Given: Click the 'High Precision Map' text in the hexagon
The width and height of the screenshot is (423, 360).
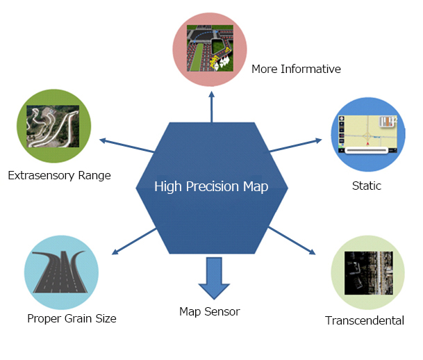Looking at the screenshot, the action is click(211, 186).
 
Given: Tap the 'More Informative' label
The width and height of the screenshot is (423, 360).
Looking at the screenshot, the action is click(296, 69).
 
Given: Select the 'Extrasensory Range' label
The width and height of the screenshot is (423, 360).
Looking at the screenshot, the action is click(59, 175).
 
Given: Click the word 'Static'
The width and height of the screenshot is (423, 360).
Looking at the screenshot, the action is click(367, 186).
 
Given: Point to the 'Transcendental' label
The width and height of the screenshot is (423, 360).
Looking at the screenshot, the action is click(365, 320).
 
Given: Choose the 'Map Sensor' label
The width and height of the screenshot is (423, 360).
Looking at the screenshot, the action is click(210, 311).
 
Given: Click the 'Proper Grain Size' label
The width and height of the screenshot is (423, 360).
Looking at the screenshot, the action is click(72, 319).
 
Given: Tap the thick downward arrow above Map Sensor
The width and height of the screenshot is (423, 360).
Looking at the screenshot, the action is click(214, 278).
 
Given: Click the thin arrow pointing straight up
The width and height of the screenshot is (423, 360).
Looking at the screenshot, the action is click(211, 106).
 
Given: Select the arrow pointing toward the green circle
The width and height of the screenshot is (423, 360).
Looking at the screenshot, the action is click(127, 145).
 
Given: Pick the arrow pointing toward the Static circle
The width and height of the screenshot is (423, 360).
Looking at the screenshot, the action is click(296, 145).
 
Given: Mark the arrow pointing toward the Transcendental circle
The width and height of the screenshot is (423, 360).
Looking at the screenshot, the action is click(292, 240).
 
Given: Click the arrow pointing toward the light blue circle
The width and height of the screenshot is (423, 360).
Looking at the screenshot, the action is click(134, 241).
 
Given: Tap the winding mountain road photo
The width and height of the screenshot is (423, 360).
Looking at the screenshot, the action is click(53, 126).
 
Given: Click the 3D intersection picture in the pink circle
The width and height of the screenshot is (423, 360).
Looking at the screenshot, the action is click(210, 49).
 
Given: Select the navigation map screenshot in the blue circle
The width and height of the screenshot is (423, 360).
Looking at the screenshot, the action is click(368, 134).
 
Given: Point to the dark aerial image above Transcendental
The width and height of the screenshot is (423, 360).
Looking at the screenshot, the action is click(369, 273).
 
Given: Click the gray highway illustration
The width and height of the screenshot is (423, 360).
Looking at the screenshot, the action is click(60, 272).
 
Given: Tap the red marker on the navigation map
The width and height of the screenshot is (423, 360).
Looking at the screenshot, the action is click(367, 144).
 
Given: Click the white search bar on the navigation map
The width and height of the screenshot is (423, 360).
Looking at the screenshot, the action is click(367, 150).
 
